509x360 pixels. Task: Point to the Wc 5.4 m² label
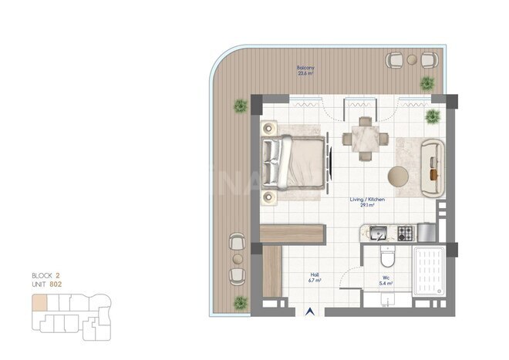[x=385, y=281]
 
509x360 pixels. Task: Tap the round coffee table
[x=399, y=177]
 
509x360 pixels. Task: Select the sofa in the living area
[x=433, y=167]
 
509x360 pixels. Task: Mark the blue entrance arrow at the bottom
[x=311, y=312]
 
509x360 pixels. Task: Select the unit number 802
[x=56, y=284]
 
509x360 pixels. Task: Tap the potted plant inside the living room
[x=433, y=116]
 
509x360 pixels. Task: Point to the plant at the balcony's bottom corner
[x=240, y=301]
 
